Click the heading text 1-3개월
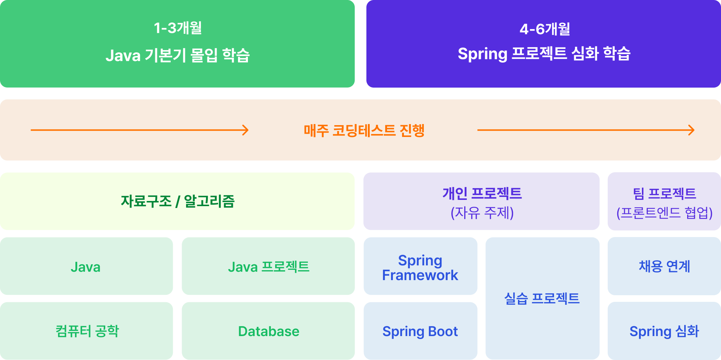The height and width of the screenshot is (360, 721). coord(178,28)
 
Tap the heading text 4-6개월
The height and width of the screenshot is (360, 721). coord(545,29)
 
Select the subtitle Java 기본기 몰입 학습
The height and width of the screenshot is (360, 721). coord(178,55)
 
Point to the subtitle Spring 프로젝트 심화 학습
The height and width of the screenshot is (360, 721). coord(544,54)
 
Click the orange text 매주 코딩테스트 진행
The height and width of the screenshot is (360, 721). coord(364,130)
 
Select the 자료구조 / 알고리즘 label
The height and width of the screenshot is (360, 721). coord(178,201)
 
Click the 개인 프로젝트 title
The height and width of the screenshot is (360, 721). coord(482,193)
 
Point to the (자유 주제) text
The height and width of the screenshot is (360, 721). coord(482,212)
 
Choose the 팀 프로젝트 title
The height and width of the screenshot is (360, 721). coord(664,193)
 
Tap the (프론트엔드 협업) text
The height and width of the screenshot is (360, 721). coord(664,212)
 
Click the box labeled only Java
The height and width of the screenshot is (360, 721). coord(86,266)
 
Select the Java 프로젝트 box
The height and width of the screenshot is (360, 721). coord(269,266)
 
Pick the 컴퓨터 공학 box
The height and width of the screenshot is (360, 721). coord(86,331)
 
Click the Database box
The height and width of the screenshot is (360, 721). coord(269,331)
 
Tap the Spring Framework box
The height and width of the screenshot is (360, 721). coord(420,266)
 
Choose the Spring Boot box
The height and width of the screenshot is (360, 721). coord(420,331)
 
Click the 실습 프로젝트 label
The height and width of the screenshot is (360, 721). coord(542,298)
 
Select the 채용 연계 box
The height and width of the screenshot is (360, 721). coord(664,266)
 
